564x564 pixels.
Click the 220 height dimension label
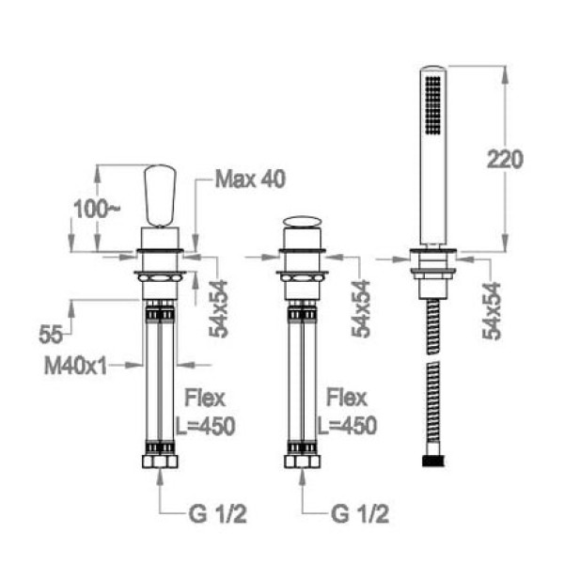tap(505, 160)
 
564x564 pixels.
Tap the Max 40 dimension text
tap(250, 179)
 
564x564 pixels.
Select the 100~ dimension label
tap(96, 209)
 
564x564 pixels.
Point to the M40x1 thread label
tap(75, 367)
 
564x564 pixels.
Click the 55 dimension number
tap(51, 334)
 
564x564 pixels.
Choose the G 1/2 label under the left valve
tap(218, 514)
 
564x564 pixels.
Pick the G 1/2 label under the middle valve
tap(360, 514)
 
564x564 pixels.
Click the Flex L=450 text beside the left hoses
tap(205, 413)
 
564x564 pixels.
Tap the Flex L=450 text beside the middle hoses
tap(347, 413)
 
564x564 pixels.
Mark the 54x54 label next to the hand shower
tap(492, 311)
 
